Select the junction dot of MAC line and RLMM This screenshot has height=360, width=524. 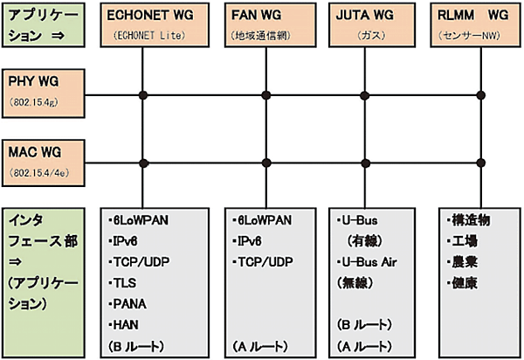pyautogui.click(x=481, y=162)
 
